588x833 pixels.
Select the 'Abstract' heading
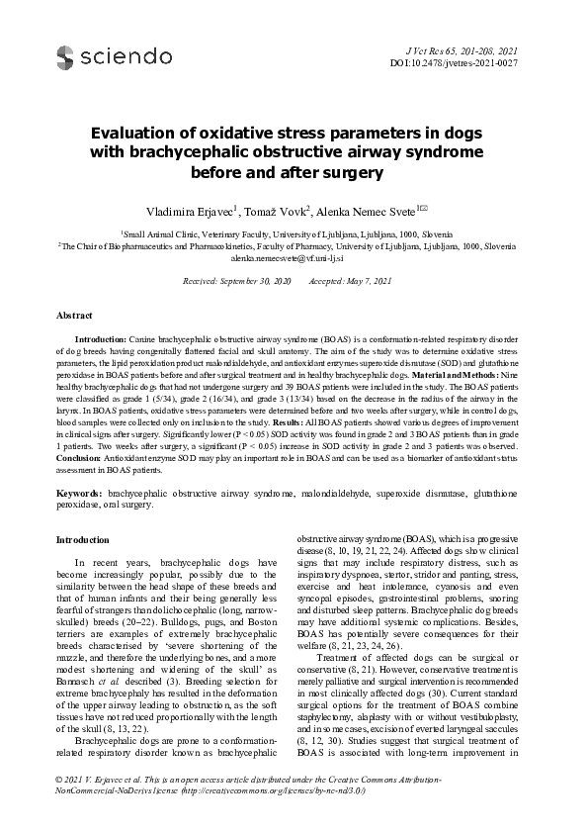75,315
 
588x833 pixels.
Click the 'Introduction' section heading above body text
83,541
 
